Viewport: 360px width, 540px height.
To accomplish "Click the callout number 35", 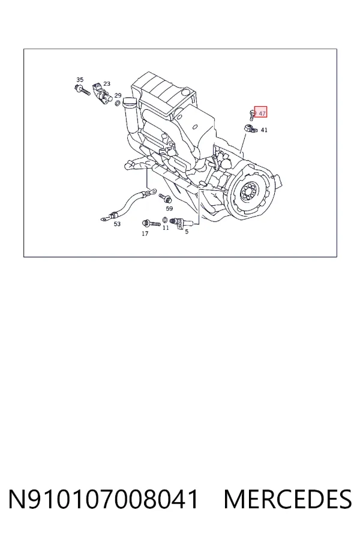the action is point(80,80).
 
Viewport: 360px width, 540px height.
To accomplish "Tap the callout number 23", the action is point(107,83).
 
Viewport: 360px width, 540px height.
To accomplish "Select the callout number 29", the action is point(118,95).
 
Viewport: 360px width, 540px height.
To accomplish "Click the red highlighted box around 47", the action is point(260,112).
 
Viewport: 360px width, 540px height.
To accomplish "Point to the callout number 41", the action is point(264,130).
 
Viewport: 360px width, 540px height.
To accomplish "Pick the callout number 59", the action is point(169,208).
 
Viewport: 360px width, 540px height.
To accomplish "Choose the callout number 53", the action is point(117,224).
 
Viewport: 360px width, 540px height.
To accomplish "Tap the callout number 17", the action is point(145,234).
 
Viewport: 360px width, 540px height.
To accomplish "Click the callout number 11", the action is point(166,227).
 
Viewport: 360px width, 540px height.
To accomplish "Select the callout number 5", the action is point(187,232).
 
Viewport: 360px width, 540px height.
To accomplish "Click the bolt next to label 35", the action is point(82,90).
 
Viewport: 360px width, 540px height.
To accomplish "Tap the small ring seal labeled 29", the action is point(117,103).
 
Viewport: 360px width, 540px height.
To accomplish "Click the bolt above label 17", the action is point(151,223).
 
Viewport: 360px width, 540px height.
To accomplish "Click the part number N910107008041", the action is point(104,499).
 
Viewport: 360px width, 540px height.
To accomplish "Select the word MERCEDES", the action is point(287,499).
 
